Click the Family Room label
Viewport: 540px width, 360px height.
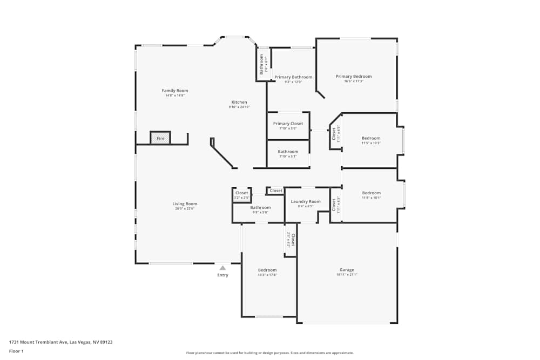coord(175,91)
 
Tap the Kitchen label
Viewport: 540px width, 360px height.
coord(239,102)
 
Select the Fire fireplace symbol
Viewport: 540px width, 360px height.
coord(160,138)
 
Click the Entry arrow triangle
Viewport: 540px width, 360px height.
coord(222,267)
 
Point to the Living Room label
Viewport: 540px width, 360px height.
coord(185,204)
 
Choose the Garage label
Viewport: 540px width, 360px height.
coord(347,270)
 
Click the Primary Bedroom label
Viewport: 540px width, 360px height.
coord(354,77)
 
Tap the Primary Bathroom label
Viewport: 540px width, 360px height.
coord(293,77)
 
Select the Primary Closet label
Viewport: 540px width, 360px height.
coord(288,124)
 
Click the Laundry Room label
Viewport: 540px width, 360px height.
coord(306,201)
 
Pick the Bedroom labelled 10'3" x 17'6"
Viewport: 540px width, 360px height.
coord(267,270)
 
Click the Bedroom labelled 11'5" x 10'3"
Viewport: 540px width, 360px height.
coord(371,138)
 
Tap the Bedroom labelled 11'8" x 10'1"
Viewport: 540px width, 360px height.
coord(372,193)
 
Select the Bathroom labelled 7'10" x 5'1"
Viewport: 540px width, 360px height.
coord(288,152)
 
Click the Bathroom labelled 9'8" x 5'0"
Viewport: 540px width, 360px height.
coord(260,208)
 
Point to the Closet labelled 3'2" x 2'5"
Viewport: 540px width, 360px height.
coord(241,193)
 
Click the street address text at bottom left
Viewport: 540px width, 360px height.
coord(60,342)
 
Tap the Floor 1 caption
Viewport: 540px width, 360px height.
coord(16,351)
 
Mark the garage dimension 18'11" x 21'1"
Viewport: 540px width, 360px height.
coord(347,275)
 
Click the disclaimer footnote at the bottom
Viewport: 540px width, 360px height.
coord(270,352)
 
